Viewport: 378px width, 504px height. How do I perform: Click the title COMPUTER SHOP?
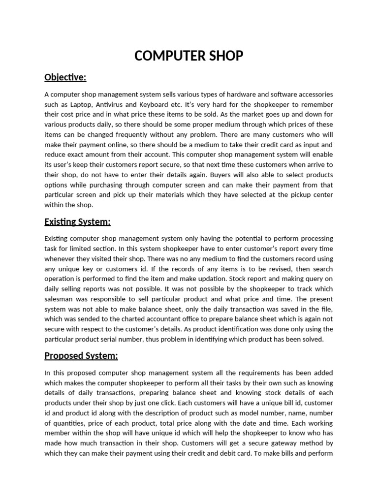pyautogui.click(x=189, y=56)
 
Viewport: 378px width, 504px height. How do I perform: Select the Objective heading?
pyautogui.click(x=65, y=77)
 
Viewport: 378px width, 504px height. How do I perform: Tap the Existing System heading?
pyautogui.click(x=77, y=222)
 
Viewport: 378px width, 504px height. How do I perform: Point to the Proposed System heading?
pyautogui.click(x=81, y=356)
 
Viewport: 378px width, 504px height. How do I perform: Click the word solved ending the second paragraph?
pyautogui.click(x=313, y=339)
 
